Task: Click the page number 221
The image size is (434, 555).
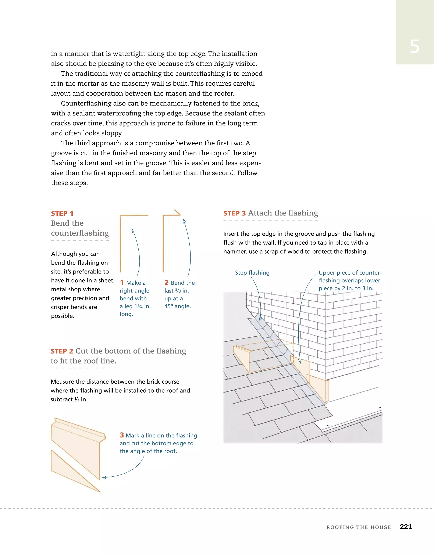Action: tap(406, 527)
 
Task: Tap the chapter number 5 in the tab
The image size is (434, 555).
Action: tap(415, 47)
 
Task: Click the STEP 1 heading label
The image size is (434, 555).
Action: tap(62, 214)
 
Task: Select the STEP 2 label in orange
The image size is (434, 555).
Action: tap(62, 351)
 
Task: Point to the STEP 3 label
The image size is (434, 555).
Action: tap(234, 213)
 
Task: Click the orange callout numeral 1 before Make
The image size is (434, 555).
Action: tap(122, 283)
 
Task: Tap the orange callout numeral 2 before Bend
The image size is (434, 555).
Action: tap(166, 283)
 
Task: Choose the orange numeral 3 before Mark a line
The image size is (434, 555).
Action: tap(122, 435)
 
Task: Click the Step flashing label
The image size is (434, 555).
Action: tap(252, 273)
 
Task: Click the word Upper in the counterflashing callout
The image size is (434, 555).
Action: tap(326, 273)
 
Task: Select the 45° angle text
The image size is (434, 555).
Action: tap(177, 306)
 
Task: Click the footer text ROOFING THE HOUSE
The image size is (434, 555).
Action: tap(359, 527)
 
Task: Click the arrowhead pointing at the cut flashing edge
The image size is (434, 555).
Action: tap(104, 478)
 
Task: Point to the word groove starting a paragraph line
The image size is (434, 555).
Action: tap(61, 153)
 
